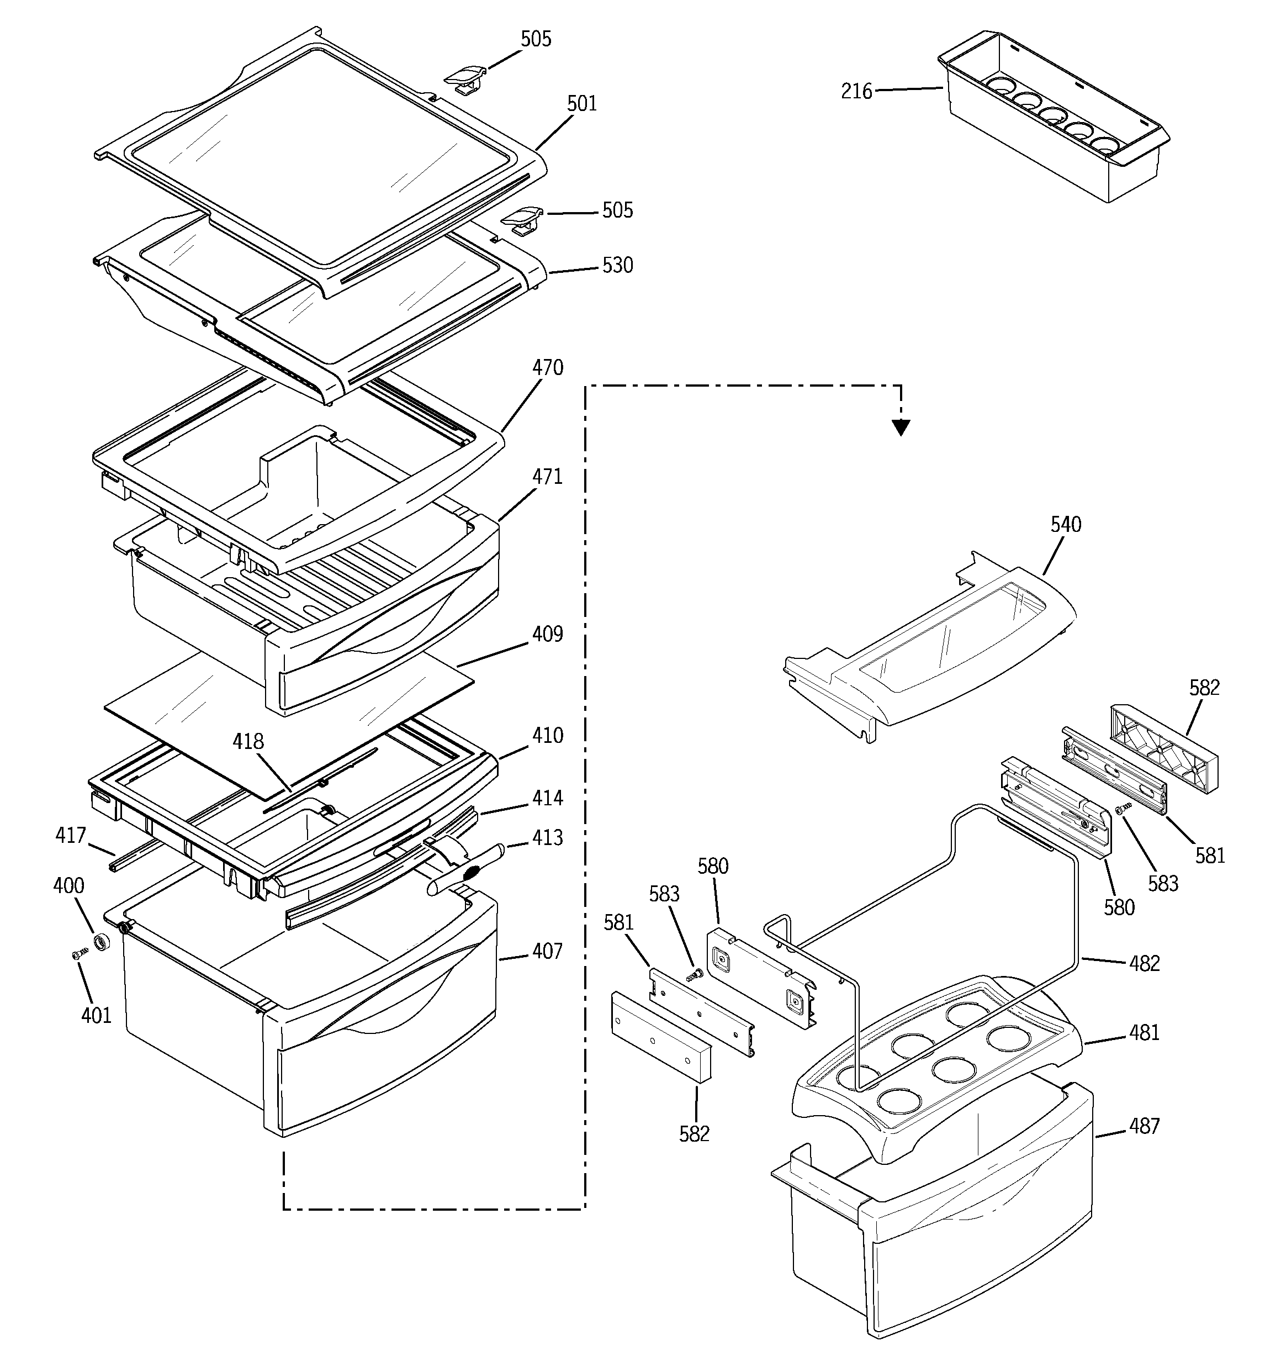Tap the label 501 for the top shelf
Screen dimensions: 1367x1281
582,104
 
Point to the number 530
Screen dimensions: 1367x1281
617,266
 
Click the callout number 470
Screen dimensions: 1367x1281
547,368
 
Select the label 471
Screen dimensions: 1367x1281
547,477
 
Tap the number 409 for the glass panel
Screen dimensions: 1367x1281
547,634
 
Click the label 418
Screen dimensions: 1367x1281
247,741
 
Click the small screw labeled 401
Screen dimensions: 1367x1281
79,954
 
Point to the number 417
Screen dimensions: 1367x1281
70,836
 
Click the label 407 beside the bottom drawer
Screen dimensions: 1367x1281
547,952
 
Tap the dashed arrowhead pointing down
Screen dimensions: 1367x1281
901,429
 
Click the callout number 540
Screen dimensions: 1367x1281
1066,525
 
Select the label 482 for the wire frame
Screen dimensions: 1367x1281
1144,963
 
